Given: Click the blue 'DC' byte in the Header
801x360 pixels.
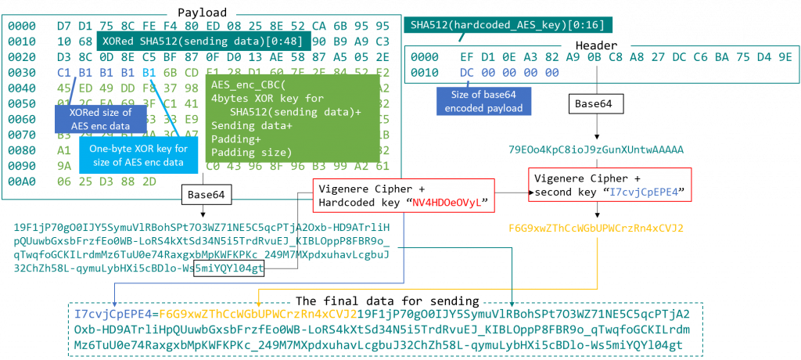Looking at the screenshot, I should [x=468, y=72].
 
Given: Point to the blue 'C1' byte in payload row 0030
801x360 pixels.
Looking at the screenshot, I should [x=64, y=72].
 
